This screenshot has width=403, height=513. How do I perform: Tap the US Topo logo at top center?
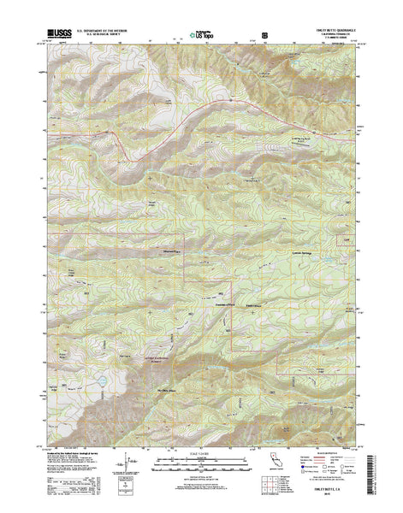(201, 36)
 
